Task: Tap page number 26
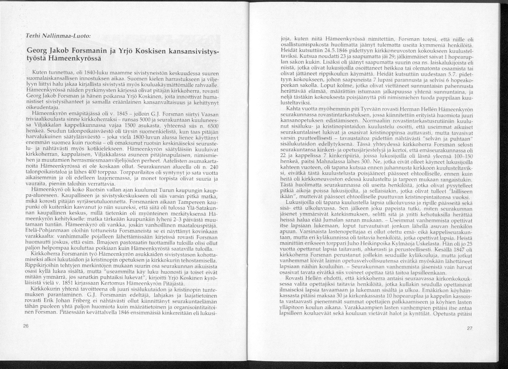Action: [x=26, y=326]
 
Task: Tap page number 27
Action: [x=469, y=329]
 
